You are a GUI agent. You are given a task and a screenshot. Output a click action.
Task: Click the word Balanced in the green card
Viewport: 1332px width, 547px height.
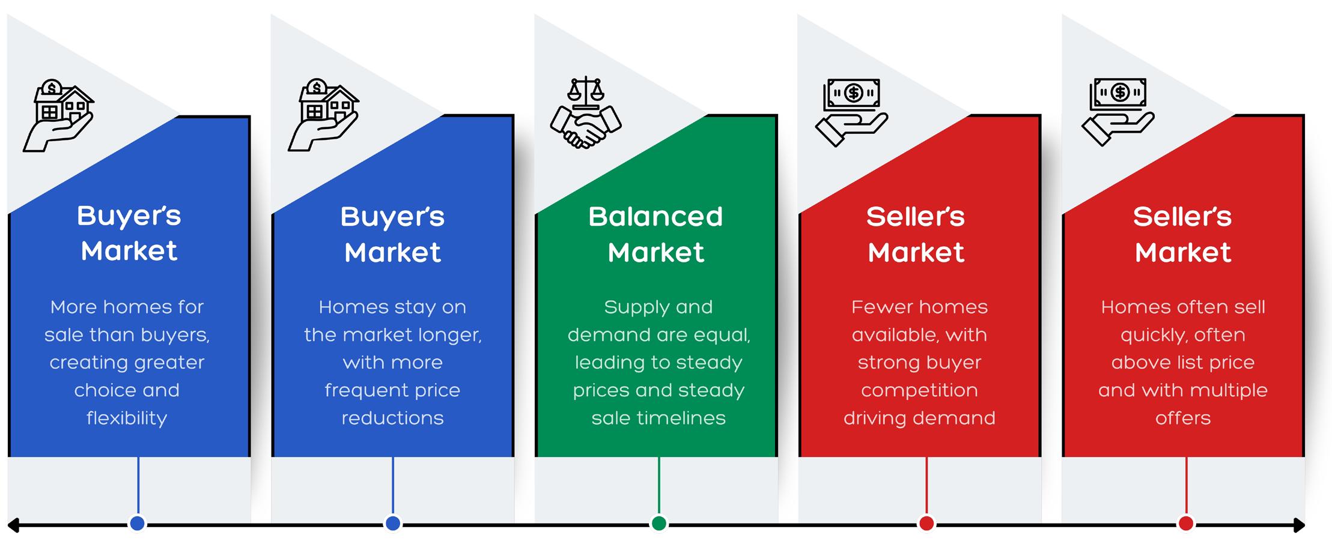pos(655,217)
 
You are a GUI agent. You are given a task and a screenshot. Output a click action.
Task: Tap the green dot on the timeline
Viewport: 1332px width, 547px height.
pos(658,524)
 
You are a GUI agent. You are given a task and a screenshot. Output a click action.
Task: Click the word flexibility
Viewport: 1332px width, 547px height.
pos(127,418)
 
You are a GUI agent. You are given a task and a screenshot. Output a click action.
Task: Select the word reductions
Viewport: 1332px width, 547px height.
pos(392,418)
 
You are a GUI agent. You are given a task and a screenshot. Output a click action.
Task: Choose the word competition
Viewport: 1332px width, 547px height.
pos(919,390)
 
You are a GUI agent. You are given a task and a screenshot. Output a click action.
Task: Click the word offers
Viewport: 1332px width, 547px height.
pos(1182,418)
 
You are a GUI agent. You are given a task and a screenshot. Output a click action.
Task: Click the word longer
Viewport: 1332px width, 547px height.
pos(451,335)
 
